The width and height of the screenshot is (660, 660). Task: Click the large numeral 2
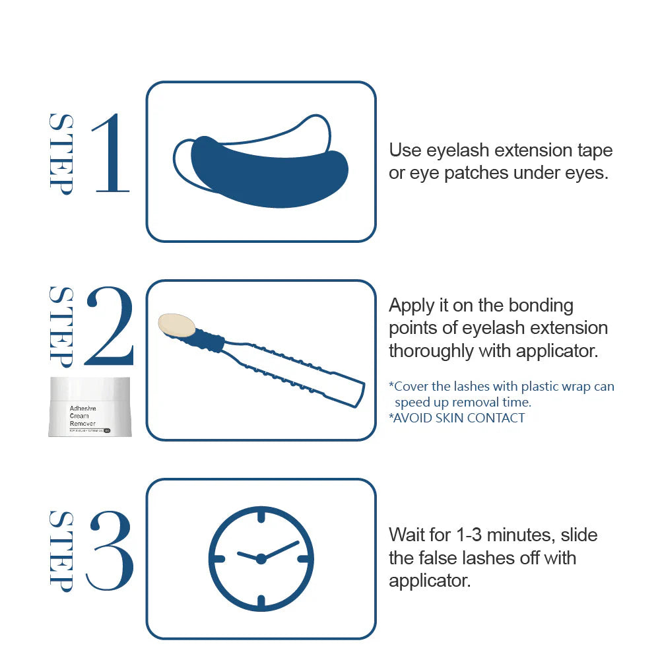(x=110, y=327)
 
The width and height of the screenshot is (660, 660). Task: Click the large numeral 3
(x=110, y=550)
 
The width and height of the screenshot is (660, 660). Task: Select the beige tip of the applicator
(x=177, y=324)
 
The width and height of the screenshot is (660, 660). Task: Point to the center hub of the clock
(x=261, y=559)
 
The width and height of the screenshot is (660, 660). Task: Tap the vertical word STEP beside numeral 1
(x=61, y=153)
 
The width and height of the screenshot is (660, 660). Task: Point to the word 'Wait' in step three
(x=407, y=535)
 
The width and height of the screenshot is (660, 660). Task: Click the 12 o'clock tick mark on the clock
(x=261, y=515)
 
